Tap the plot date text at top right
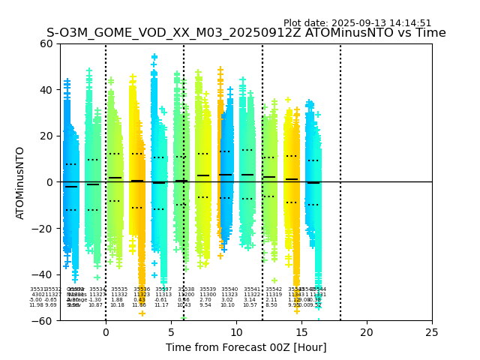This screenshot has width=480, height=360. pyautogui.click(x=357, y=23)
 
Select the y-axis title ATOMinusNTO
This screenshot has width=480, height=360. pyautogui.click(x=20, y=182)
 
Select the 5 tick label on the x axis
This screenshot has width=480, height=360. pyautogui.click(x=171, y=332)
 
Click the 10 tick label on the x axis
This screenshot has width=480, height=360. pyautogui.click(x=236, y=332)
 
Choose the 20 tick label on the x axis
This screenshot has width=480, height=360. pyautogui.click(x=367, y=332)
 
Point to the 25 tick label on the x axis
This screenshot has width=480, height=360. pyautogui.click(x=432, y=332)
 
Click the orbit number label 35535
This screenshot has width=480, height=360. pyautogui.click(x=119, y=289)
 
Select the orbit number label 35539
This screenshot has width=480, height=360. pyautogui.click(x=208, y=289)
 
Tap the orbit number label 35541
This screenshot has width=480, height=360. pyautogui.click(x=252, y=289)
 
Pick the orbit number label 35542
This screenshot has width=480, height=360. pyautogui.click(x=274, y=289)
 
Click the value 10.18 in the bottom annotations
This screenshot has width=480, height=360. pyautogui.click(x=118, y=305)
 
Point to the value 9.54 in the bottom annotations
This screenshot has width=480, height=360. pyautogui.click(x=205, y=305)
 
